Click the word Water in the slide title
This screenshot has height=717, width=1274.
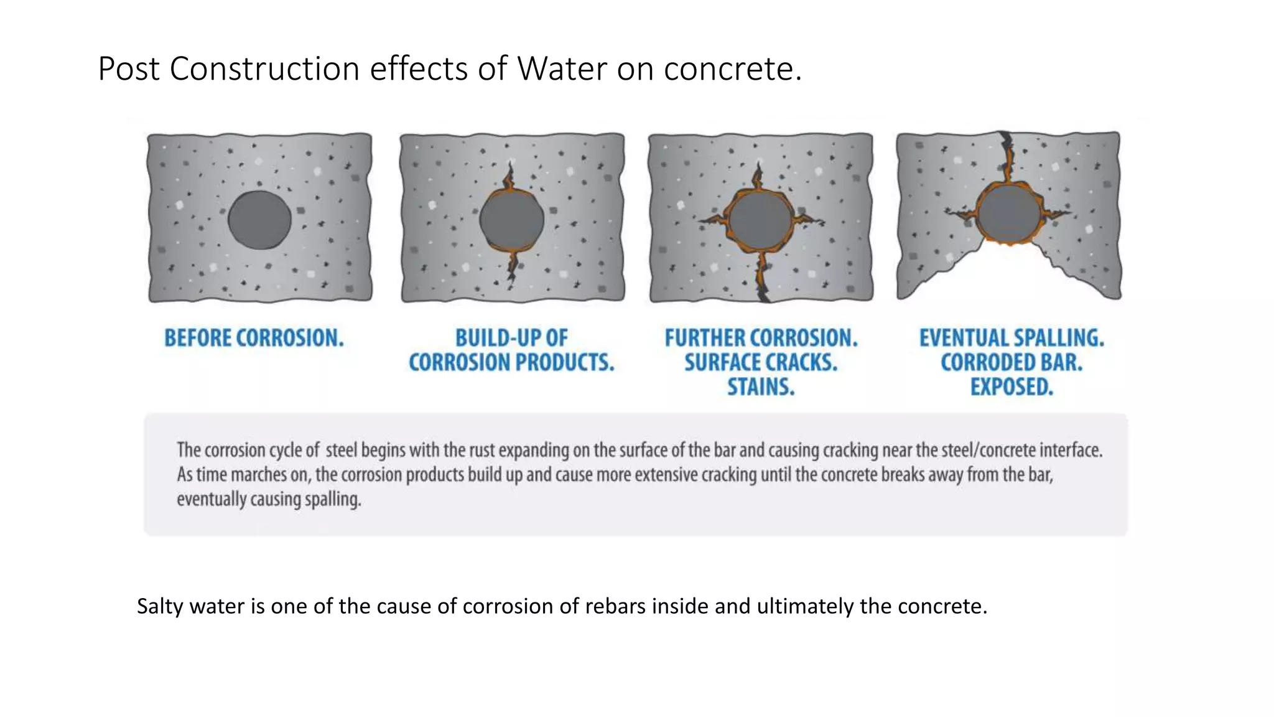point(561,68)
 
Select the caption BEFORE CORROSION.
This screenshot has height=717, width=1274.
point(254,338)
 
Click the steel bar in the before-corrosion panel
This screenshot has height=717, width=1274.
point(259,220)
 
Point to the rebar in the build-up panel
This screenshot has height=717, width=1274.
point(511,220)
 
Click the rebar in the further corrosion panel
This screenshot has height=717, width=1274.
point(760,220)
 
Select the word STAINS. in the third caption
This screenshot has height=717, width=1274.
point(761,387)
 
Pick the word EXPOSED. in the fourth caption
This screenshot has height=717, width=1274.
point(1011,387)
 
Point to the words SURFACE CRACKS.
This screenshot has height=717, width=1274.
point(761,362)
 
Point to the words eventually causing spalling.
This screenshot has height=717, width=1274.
point(269,499)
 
